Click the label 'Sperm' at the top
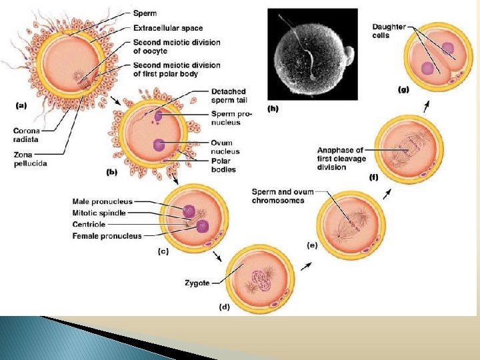145,13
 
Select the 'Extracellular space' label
168,28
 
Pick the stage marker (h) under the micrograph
273,107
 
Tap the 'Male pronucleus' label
103,201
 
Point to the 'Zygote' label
197,283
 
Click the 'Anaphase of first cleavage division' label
341,159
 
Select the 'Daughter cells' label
389,31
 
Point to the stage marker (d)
225,307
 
